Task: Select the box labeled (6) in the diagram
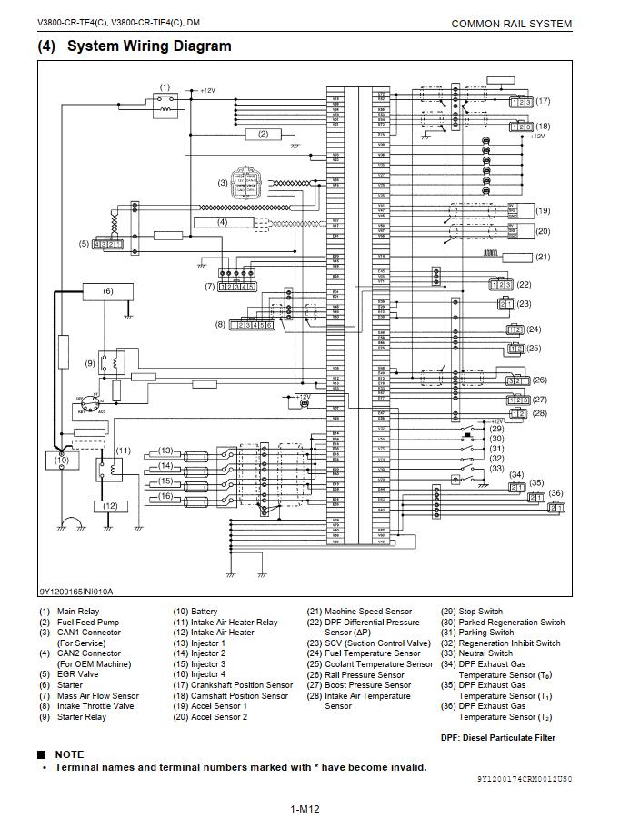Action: tap(108, 291)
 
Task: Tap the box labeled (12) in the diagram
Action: tap(110, 505)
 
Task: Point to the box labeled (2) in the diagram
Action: tap(263, 134)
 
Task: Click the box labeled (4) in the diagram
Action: tap(222, 222)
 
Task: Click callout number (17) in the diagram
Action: tap(543, 101)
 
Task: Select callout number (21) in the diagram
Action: tap(543, 257)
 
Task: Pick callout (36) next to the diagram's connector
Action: tap(555, 493)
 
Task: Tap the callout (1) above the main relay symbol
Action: tap(165, 87)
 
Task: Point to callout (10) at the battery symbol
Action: tap(61, 460)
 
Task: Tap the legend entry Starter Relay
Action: tap(81, 717)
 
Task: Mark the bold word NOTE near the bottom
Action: tap(69, 754)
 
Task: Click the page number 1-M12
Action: tap(305, 809)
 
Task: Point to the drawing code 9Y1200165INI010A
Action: tap(75, 591)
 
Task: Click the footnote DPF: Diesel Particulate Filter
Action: tap(497, 738)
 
